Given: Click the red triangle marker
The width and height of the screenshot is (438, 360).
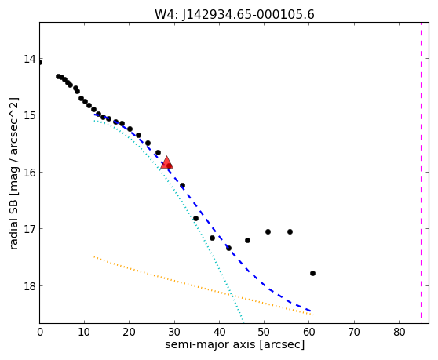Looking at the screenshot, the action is click(166, 162).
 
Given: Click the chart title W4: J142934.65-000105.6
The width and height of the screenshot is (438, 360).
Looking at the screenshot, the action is click(235, 15).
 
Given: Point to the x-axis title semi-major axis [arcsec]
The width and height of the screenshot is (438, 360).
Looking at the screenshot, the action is click(235, 344).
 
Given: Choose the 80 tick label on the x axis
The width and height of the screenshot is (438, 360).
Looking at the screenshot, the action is click(400, 332).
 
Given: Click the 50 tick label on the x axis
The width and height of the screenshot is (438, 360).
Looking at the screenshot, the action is click(264, 332).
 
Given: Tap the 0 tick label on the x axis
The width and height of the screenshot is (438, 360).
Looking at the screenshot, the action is click(40, 332).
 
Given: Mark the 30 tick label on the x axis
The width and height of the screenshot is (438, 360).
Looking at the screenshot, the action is click(174, 332).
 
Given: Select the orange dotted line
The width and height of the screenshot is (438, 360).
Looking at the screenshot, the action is click(203, 285).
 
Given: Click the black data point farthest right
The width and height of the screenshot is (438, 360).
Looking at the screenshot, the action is click(312, 273).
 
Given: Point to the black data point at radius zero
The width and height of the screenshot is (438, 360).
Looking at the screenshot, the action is click(40, 62).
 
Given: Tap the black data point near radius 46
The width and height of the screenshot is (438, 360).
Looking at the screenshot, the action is click(247, 240).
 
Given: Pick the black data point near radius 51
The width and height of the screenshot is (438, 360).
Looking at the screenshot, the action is click(268, 231).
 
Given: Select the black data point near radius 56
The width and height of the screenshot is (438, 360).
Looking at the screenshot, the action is click(290, 231).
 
